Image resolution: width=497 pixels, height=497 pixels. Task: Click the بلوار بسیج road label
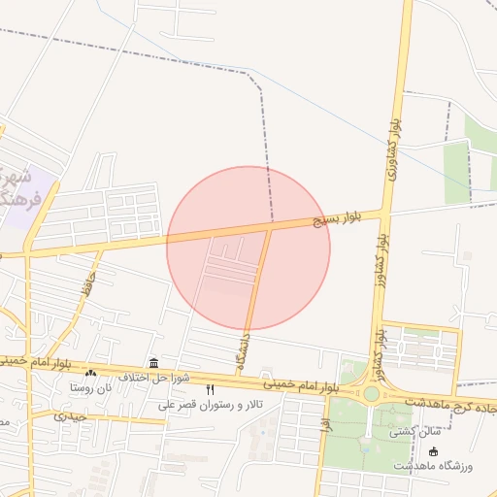point(336,219)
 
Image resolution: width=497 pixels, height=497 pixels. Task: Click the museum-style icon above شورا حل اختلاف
point(153,362)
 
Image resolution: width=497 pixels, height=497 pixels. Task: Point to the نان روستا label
point(91,387)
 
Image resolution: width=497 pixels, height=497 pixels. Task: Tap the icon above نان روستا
point(91,373)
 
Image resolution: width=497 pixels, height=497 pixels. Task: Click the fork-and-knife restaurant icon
point(210,389)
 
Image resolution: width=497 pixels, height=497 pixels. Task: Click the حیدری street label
point(71,415)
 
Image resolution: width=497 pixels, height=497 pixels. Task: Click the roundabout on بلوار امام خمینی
point(372,394)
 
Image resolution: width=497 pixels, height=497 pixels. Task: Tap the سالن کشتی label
point(416,431)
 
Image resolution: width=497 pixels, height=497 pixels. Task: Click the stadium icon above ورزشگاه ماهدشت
point(433,452)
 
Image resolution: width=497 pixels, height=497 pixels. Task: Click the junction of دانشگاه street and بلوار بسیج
point(269,229)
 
